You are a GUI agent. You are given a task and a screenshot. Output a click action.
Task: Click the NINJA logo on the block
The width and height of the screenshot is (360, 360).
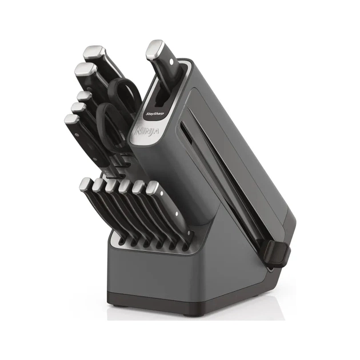pyautogui.click(x=139, y=134)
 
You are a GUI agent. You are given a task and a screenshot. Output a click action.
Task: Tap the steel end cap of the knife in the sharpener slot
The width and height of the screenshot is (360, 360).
pyautogui.click(x=154, y=50)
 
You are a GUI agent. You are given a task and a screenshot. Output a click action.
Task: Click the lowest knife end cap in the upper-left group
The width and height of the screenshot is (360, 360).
pyautogui.click(x=71, y=119)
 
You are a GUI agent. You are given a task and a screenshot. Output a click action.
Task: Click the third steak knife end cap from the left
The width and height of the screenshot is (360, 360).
pyautogui.click(x=111, y=185)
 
